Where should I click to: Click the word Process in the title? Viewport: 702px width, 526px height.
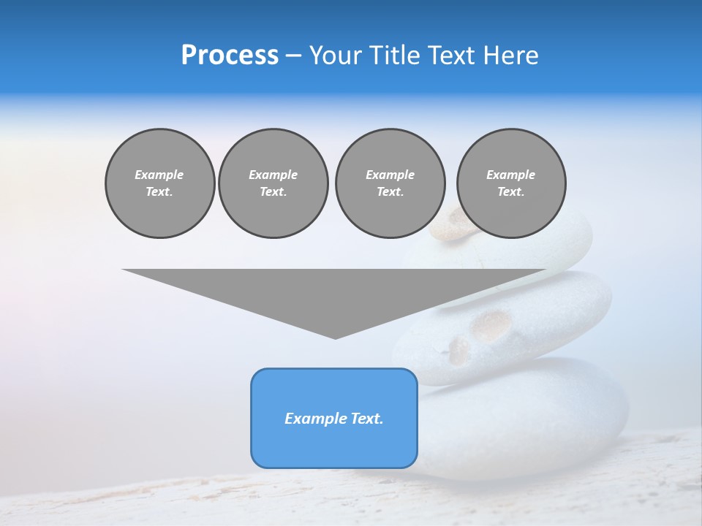[230, 56]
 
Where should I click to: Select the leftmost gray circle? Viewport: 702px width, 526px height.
[159, 183]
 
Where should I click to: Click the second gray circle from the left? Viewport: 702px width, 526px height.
[273, 183]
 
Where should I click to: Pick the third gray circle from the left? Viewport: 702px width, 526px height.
[390, 183]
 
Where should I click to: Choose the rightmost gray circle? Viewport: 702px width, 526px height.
[511, 183]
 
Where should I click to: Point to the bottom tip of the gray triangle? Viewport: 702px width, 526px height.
[335, 337]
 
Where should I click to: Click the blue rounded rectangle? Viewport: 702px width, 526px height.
[334, 418]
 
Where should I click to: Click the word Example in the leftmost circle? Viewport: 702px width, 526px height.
[159, 175]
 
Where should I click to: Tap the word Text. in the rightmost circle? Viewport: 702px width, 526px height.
[511, 191]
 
